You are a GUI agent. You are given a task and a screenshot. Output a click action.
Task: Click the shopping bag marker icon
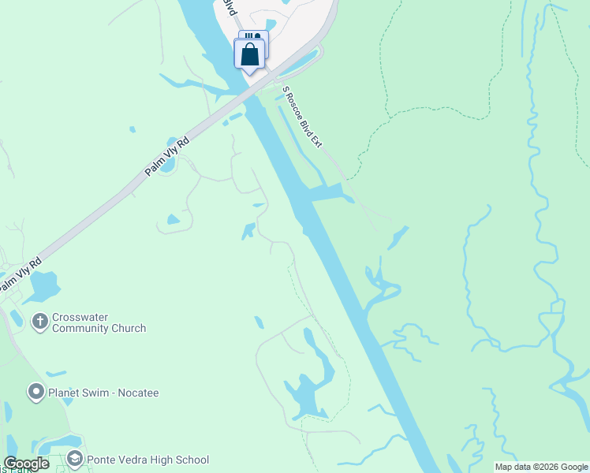point(250,54)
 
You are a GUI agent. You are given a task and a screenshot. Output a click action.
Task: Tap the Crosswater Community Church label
point(99,323)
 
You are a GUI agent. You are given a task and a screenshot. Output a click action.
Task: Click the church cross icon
point(39,321)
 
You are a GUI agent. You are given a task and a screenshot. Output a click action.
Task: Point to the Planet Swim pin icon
point(35,391)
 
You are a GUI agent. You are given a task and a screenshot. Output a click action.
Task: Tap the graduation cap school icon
point(74,459)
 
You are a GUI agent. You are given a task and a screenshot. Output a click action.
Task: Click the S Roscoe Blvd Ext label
point(303,117)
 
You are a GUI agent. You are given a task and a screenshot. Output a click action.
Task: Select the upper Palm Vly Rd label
point(168,156)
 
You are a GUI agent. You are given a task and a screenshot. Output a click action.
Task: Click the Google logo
point(26,464)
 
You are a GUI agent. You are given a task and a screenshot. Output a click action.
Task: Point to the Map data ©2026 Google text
point(540,467)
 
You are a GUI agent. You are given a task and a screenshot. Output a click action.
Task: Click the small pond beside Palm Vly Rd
point(166,167)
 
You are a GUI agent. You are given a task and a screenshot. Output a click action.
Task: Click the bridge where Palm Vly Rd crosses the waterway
point(251,94)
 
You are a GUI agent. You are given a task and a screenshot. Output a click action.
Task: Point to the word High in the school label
point(161,460)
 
